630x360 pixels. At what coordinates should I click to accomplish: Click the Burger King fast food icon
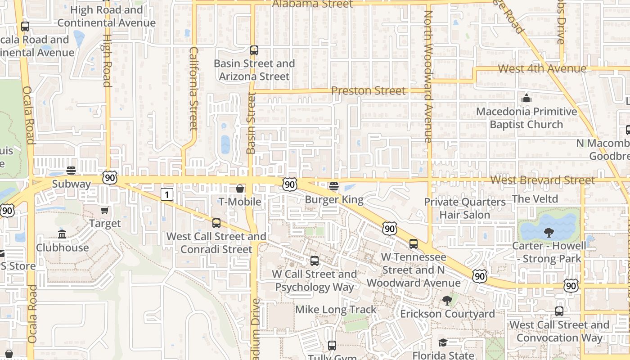click(334, 186)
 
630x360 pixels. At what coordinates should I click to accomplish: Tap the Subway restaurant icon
click(71, 171)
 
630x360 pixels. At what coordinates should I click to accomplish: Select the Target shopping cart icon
click(105, 210)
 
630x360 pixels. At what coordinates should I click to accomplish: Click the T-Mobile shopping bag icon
click(240, 188)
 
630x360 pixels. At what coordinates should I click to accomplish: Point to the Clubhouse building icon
click(62, 234)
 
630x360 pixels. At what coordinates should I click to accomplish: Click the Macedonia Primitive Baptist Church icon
click(526, 98)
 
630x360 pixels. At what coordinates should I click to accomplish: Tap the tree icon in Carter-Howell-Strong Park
click(549, 233)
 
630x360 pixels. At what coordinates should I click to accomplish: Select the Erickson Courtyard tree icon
click(447, 300)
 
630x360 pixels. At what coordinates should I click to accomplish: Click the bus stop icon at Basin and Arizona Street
click(254, 50)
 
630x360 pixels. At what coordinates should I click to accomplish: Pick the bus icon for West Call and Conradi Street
click(216, 223)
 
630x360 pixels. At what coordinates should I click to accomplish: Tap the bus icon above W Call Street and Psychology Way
click(315, 261)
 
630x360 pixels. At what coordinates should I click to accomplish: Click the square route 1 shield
click(167, 194)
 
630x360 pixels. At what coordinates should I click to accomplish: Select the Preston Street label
click(368, 91)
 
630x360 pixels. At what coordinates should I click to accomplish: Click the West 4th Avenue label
click(542, 69)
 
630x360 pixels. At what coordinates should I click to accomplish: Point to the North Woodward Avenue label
click(428, 76)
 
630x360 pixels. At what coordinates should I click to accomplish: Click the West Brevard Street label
click(542, 180)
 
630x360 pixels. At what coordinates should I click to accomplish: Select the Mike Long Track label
click(336, 310)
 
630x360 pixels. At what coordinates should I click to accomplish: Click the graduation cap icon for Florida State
click(443, 342)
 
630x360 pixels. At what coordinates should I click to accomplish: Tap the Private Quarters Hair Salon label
click(465, 208)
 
